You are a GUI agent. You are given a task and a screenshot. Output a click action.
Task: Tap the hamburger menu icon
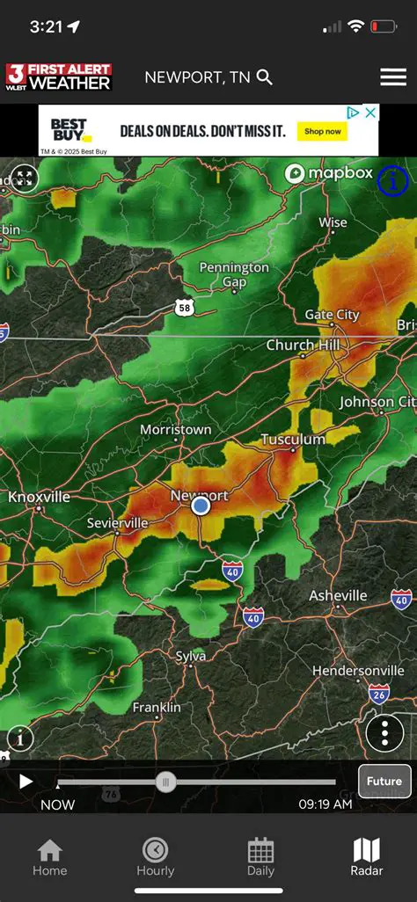tap(392, 77)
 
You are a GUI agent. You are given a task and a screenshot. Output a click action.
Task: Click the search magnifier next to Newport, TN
tap(265, 77)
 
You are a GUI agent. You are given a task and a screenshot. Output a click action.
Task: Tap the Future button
tap(384, 781)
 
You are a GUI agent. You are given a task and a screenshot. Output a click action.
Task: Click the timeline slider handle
tap(165, 782)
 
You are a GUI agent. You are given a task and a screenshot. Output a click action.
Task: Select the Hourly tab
tap(155, 857)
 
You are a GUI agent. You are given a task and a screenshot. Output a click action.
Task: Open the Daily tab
tap(260, 857)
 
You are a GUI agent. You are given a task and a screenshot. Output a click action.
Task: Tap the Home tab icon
tap(49, 857)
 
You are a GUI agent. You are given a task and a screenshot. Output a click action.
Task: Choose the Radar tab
tap(367, 857)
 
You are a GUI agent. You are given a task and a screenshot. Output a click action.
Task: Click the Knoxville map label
tap(39, 497)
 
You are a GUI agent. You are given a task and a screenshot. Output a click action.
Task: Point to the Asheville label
tap(338, 596)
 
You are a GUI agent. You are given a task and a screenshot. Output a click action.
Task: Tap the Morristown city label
tap(176, 430)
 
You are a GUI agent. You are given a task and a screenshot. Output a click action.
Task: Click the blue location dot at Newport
tap(201, 506)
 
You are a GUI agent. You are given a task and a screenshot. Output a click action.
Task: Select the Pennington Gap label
tap(234, 274)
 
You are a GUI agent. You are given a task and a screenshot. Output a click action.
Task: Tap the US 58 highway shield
tap(184, 307)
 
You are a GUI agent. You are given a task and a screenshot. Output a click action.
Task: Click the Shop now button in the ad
tap(323, 131)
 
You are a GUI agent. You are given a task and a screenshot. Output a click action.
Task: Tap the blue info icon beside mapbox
tap(392, 181)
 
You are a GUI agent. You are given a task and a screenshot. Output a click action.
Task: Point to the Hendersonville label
tap(358, 671)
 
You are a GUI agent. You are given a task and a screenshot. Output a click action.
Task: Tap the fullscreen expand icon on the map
tap(24, 179)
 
